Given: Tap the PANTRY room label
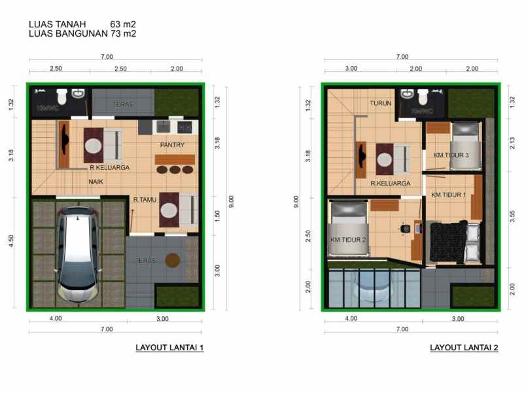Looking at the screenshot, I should (172, 145).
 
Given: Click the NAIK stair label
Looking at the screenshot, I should (97, 181).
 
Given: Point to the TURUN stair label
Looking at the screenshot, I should (380, 103).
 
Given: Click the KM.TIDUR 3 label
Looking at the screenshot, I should (451, 156).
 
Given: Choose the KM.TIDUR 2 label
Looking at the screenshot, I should (347, 240).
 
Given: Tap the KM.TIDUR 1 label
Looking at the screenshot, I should (448, 195).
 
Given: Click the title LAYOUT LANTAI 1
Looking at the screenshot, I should (169, 348).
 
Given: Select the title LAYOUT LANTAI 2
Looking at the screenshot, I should (464, 348).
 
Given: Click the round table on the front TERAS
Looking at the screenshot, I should (173, 260).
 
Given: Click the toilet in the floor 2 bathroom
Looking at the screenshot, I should (423, 96).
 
